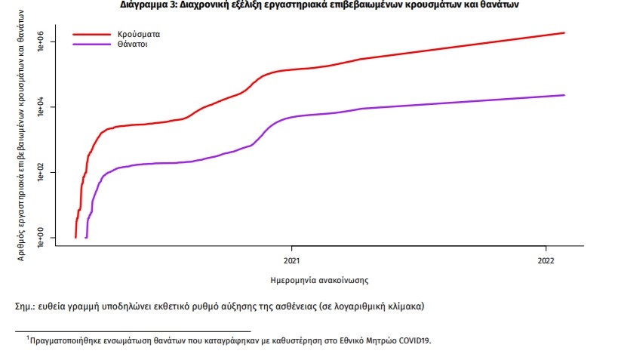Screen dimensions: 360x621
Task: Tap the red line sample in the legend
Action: pos(91,35)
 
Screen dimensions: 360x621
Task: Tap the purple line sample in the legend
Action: pos(91,45)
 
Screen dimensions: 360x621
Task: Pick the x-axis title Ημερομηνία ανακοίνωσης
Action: pos(319,280)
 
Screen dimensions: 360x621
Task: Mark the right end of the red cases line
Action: pos(564,33)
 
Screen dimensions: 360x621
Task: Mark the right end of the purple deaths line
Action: pos(564,95)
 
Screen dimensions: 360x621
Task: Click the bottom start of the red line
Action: pos(75,237)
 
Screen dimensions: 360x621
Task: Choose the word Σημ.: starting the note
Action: pos(27,307)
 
